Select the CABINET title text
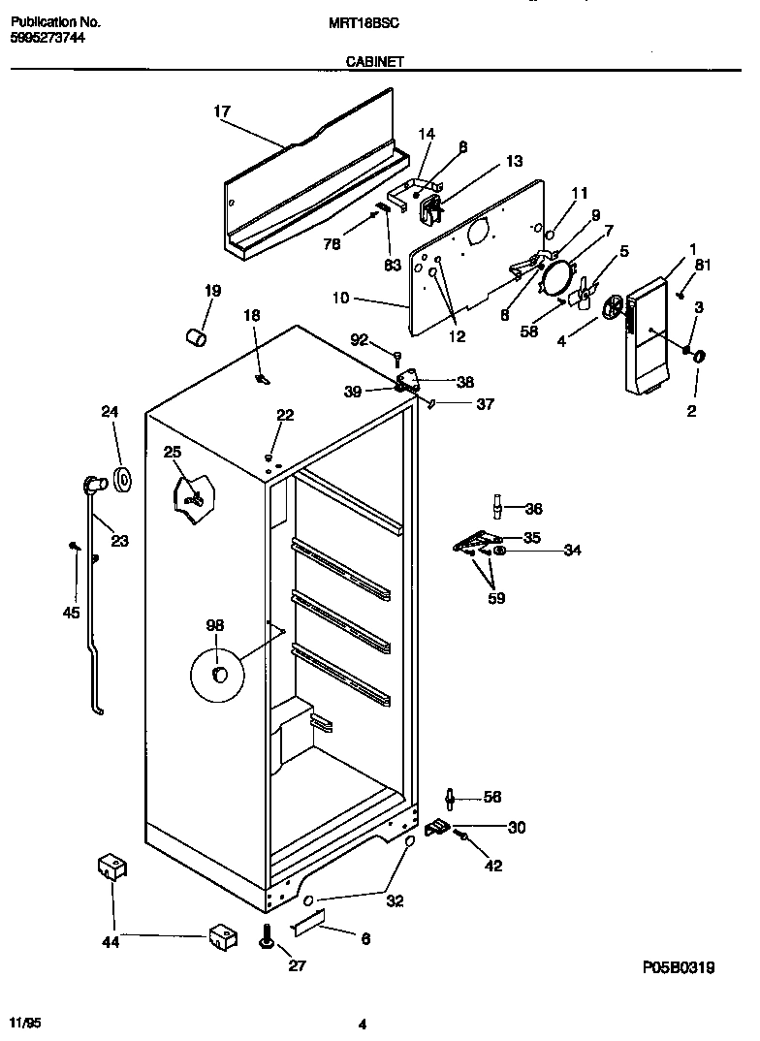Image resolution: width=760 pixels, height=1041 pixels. coord(374,60)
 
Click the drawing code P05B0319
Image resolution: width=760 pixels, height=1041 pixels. coord(678,967)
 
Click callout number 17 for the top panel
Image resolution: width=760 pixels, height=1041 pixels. coord(222,111)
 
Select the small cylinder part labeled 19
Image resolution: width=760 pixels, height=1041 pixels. coord(197,336)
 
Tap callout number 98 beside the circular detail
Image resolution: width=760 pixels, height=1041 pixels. coord(214,625)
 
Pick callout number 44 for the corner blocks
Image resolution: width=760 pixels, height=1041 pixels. coord(111,940)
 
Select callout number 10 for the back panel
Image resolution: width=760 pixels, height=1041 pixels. coord(340,299)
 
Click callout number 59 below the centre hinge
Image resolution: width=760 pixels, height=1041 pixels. coord(495,597)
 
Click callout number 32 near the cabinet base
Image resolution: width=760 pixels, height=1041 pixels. coord(395,900)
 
